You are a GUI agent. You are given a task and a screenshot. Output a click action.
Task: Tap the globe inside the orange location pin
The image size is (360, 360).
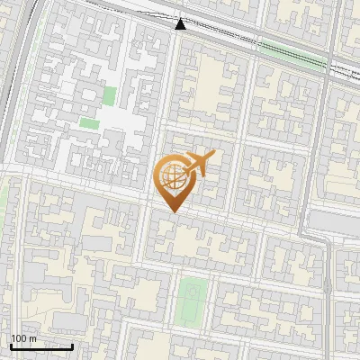(x=172, y=177)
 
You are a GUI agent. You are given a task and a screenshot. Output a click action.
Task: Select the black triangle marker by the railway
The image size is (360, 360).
(x=180, y=23)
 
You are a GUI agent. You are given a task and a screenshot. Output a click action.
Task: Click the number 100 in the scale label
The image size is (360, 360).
(x=19, y=338)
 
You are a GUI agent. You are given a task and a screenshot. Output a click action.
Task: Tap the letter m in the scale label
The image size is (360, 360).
(x=32, y=338)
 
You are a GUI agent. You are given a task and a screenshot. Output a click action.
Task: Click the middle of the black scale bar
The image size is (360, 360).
(x=41, y=346)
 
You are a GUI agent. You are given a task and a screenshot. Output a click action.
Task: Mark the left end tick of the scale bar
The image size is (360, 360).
(x=11, y=345)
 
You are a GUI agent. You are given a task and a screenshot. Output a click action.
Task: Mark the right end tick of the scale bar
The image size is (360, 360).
(x=72, y=345)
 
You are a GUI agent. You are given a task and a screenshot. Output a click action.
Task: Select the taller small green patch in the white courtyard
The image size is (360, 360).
(x=110, y=94)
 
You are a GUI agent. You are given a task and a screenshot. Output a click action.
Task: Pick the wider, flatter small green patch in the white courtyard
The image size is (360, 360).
(x=88, y=121)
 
